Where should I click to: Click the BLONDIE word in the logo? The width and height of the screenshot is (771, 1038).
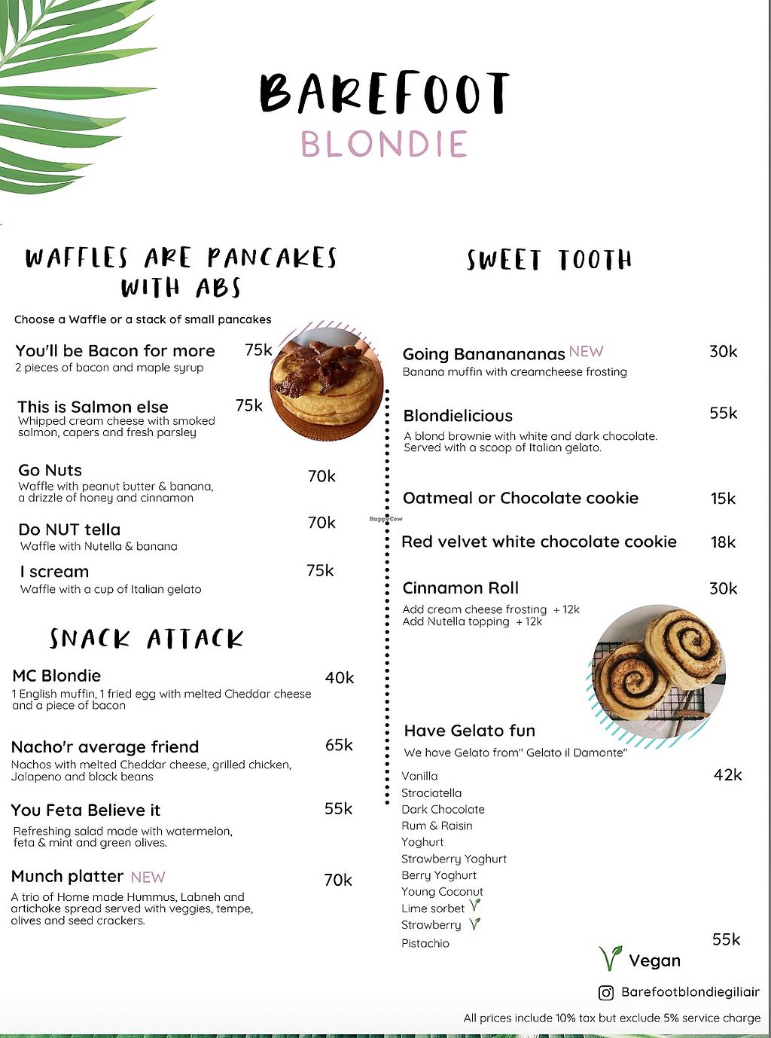tap(384, 144)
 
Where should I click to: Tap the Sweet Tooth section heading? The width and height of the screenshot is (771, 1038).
tap(549, 260)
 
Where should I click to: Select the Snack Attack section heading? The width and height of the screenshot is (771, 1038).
tap(147, 639)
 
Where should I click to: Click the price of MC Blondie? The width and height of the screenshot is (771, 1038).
tap(340, 678)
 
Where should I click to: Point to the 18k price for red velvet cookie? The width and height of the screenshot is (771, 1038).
tap(723, 542)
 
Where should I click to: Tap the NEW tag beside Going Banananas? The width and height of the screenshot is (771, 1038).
tap(586, 352)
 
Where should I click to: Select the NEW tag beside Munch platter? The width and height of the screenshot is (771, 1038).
tap(148, 877)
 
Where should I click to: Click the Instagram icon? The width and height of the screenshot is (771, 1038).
tap(606, 993)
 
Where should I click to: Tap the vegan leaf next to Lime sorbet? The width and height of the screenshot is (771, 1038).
tap(475, 906)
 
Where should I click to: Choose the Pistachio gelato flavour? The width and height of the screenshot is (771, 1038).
tap(425, 943)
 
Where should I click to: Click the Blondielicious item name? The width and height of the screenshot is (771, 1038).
tap(458, 416)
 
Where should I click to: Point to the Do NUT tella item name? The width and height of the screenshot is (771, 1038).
tap(69, 530)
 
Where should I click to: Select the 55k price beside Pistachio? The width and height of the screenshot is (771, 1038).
tap(727, 939)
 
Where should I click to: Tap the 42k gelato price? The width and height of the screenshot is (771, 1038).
tap(727, 775)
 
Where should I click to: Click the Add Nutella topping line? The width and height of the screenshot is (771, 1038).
tap(472, 621)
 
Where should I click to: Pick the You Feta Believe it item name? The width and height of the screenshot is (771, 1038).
tap(86, 811)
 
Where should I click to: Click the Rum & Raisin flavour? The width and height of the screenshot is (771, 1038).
tap(437, 826)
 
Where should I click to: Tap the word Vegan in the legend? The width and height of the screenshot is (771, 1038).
tap(654, 961)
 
